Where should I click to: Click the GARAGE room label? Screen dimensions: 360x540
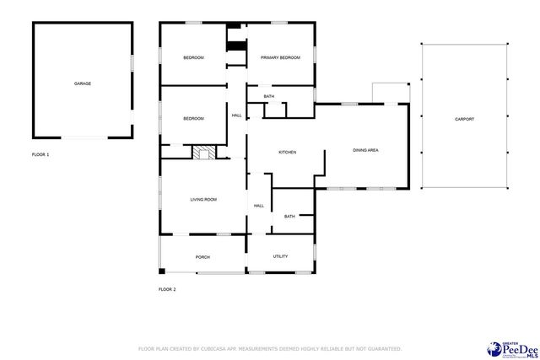83,83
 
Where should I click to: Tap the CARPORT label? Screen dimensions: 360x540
464,119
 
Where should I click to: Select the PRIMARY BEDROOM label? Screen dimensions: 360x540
280,57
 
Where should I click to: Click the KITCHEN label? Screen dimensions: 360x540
288,152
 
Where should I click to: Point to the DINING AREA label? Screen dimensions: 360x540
364,150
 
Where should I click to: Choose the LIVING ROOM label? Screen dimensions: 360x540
203,199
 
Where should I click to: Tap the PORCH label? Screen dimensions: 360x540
202,257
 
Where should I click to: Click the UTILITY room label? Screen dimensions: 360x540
280,256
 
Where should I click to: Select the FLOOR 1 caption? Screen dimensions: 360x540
40,155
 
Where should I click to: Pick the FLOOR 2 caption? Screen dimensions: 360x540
167,289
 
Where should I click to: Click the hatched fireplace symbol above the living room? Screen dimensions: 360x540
202,153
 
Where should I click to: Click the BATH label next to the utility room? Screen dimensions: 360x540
289,217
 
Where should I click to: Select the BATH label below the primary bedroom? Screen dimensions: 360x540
269,97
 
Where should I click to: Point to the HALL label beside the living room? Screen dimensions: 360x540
259,206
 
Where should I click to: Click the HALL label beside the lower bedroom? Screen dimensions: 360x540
237,116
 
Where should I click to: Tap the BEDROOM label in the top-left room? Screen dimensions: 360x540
194,57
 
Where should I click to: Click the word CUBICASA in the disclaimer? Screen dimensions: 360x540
224,348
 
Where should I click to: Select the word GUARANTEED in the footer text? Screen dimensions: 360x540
381,348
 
